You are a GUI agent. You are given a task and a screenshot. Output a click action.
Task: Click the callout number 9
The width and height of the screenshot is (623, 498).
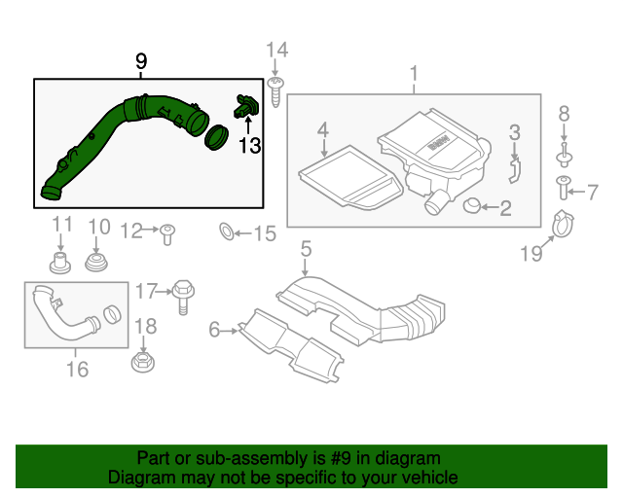pos(141,63)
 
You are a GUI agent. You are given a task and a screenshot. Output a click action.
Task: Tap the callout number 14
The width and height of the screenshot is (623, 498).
pos(277,50)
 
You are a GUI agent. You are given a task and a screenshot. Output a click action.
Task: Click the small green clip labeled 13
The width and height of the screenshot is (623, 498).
pos(244,107)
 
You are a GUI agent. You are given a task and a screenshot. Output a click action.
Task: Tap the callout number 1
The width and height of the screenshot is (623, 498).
pos(414,74)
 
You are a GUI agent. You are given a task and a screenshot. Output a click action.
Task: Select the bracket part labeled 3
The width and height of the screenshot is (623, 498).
pos(514,171)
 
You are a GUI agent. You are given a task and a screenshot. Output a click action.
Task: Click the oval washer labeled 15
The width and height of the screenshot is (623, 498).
pos(225,232)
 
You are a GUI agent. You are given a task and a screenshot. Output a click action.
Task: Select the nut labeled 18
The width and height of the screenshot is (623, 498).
pos(143,364)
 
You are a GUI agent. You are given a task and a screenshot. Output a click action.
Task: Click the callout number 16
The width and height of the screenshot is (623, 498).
pos(76,369)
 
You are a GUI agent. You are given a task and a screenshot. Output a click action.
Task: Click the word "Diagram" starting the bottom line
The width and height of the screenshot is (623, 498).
pos(138,478)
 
